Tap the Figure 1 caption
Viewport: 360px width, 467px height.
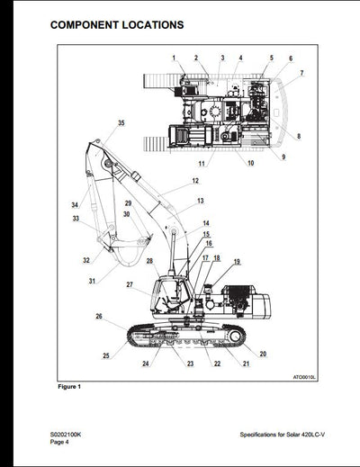coord(69,387)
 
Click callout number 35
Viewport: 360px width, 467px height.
coord(121,122)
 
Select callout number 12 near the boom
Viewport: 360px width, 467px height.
coord(194,181)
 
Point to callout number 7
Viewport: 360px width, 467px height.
coord(301,73)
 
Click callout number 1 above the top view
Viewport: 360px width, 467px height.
coord(174,58)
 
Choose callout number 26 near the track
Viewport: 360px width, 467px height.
coord(99,316)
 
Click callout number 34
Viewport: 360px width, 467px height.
coord(76,205)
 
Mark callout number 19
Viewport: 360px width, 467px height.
coord(237,262)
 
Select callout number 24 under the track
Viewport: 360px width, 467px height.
coord(145,364)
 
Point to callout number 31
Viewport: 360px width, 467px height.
coord(92,282)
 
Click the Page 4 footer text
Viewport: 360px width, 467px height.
coord(59,442)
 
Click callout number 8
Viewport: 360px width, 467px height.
coord(298,137)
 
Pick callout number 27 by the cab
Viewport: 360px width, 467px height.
coord(130,284)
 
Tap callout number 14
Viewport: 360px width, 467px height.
coord(205,223)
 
